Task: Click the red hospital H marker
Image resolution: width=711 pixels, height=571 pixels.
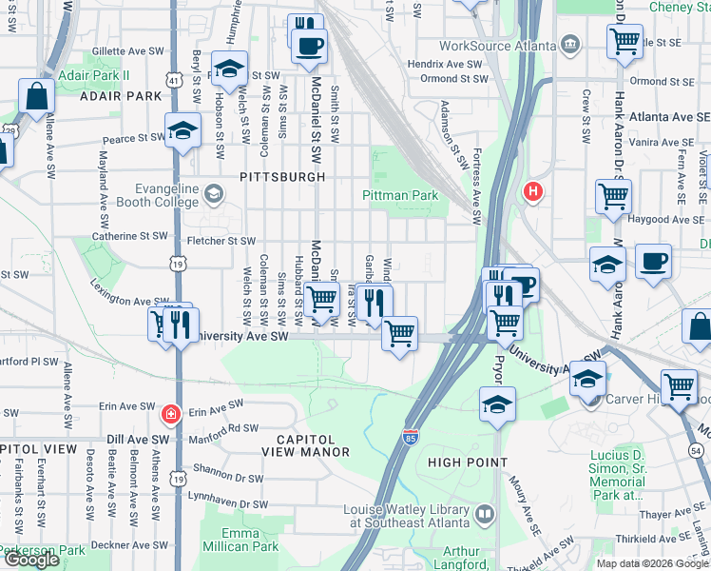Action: pos(533,192)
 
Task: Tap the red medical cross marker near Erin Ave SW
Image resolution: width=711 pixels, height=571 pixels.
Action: pos(170,414)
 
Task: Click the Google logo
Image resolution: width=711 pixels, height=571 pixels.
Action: pos(31,560)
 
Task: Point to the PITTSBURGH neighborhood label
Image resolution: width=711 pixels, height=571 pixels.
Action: pos(282,177)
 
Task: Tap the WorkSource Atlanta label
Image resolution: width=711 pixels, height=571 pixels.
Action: pos(498,46)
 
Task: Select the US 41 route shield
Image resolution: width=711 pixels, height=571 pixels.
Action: pos(174,81)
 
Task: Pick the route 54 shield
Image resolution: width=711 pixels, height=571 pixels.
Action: pos(697,449)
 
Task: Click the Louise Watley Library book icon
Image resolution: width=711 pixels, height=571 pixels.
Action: pos(486,514)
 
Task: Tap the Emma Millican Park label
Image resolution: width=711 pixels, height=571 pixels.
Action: pos(240,539)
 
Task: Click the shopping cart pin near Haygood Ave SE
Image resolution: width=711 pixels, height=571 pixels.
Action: pos(613,196)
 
